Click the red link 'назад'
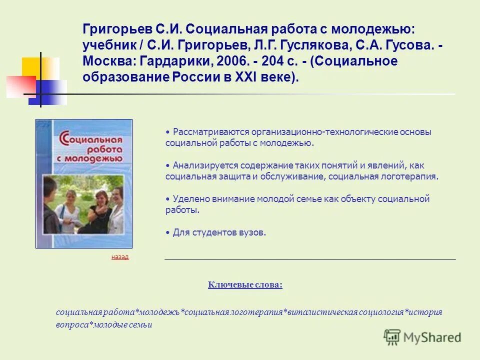click(x=119, y=257)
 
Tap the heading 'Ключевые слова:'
click(x=245, y=285)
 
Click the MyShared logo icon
click(x=392, y=337)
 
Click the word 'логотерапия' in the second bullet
click(x=414, y=176)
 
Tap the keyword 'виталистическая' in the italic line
click(x=321, y=312)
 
